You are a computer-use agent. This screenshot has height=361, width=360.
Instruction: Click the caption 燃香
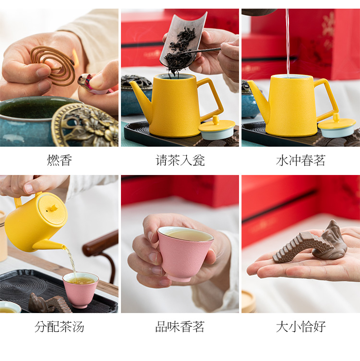[x=60, y=160]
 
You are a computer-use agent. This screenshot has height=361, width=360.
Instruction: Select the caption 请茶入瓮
[x=180, y=160]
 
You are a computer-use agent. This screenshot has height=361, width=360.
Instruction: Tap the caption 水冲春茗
[x=300, y=160]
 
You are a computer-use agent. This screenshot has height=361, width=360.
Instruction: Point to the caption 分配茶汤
[x=60, y=326]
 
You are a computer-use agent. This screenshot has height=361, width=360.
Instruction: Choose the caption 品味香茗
[x=180, y=326]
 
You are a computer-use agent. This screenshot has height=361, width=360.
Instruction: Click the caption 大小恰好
[x=300, y=326]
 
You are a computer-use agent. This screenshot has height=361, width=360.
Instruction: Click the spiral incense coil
[x=52, y=65]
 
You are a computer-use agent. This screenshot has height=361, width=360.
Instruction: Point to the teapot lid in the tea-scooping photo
[x=216, y=128]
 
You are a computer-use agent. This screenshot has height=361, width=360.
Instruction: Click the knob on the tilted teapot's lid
[x=54, y=208]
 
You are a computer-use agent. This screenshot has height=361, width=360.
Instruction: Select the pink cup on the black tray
[x=81, y=290]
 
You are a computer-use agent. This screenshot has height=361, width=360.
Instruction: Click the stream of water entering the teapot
[x=288, y=43]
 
